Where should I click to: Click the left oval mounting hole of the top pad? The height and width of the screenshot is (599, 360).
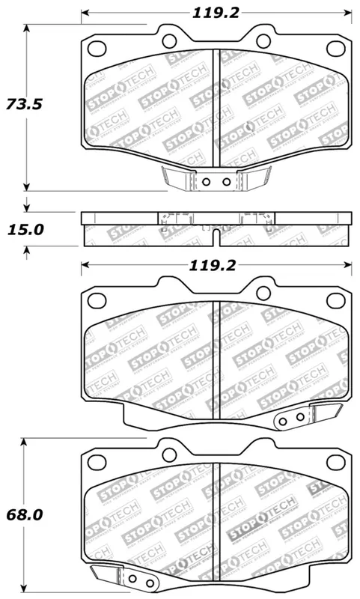click(97, 49)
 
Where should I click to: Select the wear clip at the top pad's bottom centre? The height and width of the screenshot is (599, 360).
click(216, 180)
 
